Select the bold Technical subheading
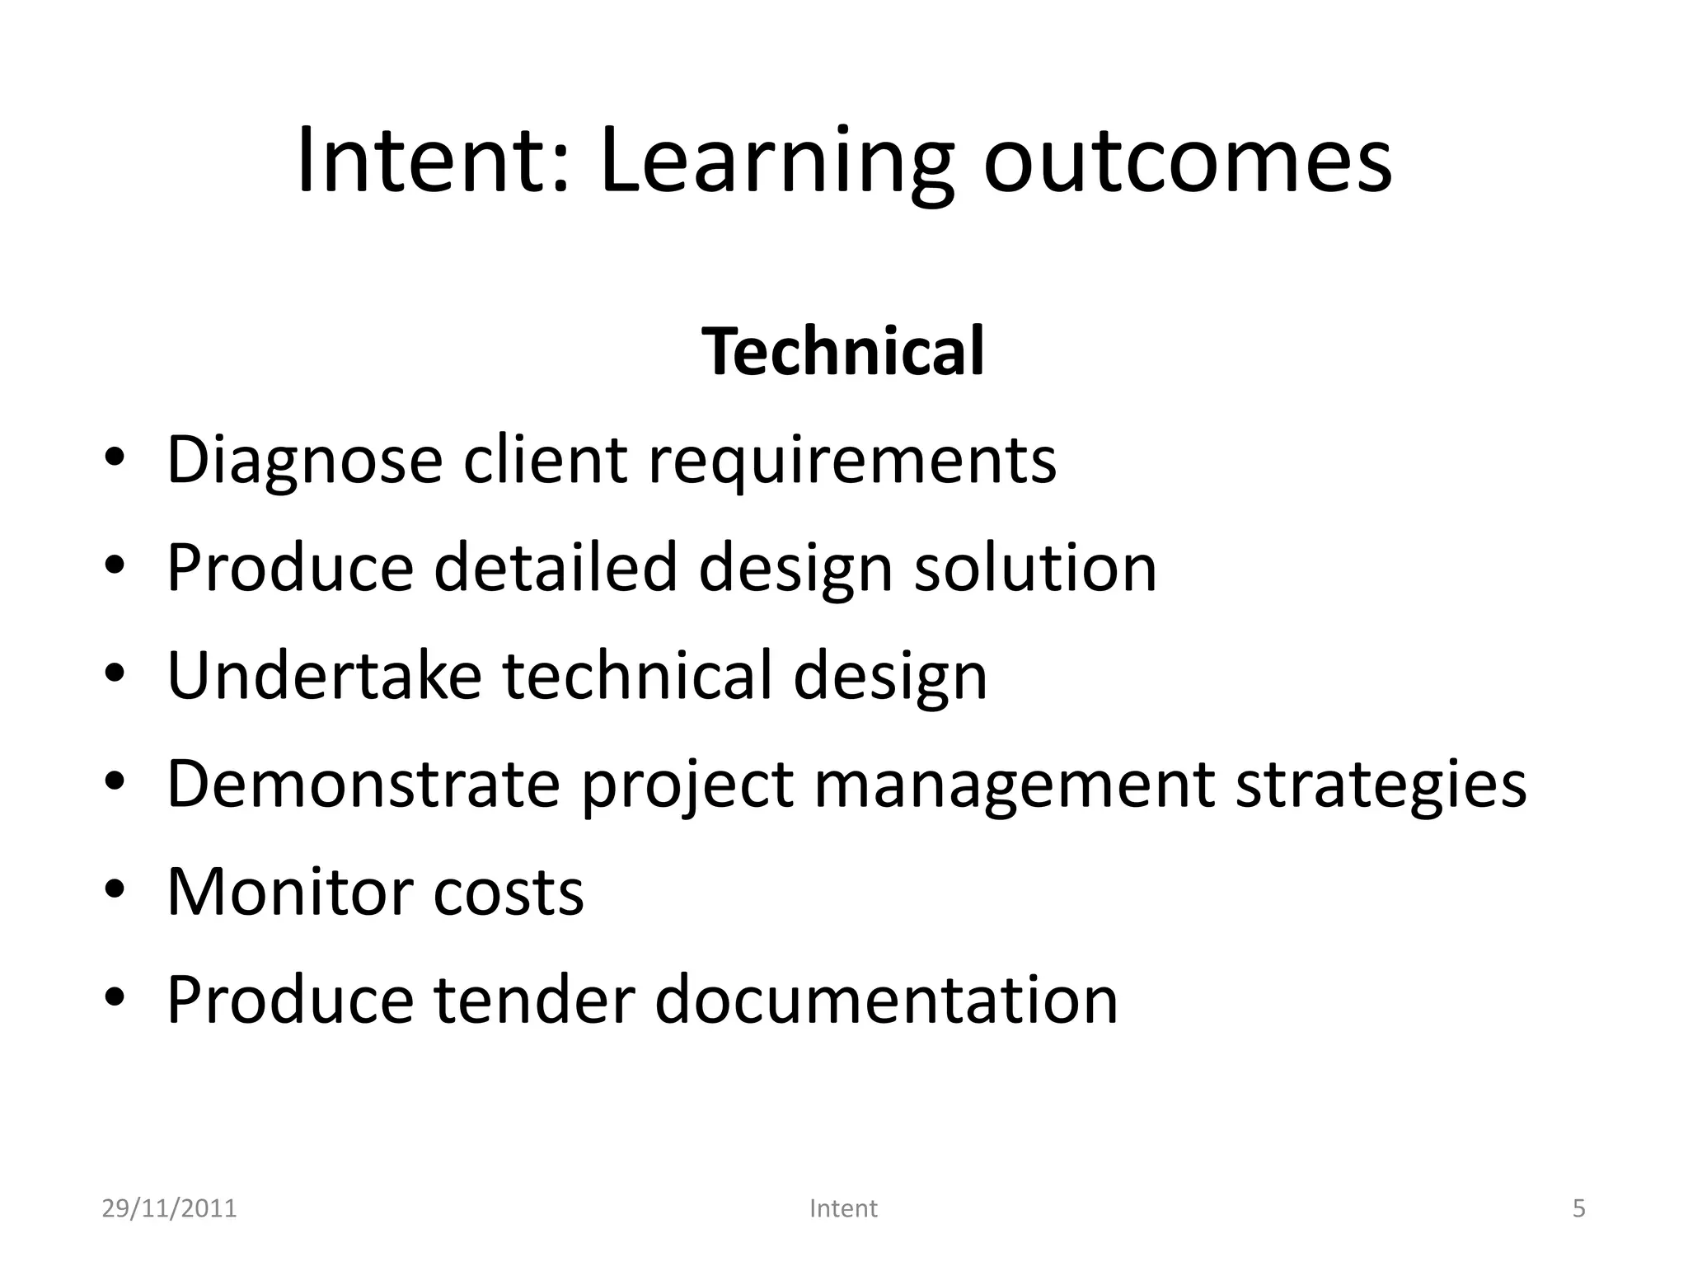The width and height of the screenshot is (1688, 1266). pyautogui.click(x=843, y=352)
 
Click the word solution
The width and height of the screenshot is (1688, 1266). pyautogui.click(x=1035, y=568)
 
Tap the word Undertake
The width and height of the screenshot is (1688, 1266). pyautogui.click(x=324, y=676)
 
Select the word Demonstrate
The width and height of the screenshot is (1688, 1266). pyautogui.click(x=363, y=784)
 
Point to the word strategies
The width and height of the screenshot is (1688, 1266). pyautogui.click(x=1381, y=784)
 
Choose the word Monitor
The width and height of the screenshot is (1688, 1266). pyautogui.click(x=289, y=892)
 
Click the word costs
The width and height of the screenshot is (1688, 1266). pyautogui.click(x=509, y=892)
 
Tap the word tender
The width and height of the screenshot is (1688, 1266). pyautogui.click(x=534, y=1000)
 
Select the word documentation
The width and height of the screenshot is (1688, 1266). pyautogui.click(x=886, y=1000)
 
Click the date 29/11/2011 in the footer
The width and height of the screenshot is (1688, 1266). pyautogui.click(x=169, y=1208)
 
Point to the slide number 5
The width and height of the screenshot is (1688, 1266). pyautogui.click(x=1578, y=1208)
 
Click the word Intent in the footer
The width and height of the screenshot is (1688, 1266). pyautogui.click(x=843, y=1208)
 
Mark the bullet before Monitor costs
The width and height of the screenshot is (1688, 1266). pyautogui.click(x=115, y=890)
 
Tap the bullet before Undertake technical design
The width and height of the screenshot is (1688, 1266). pyautogui.click(x=115, y=674)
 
